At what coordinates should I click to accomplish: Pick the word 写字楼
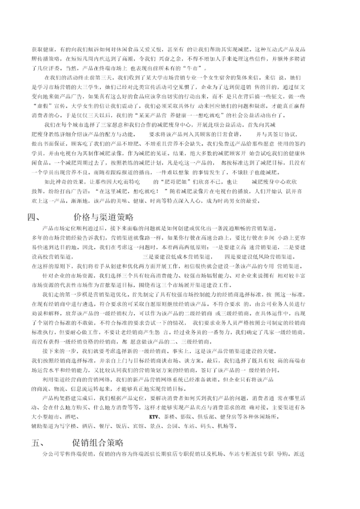pyautogui.click(x=67, y=426)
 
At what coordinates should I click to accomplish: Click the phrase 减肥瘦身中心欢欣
pyautogui.click(x=276, y=182)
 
